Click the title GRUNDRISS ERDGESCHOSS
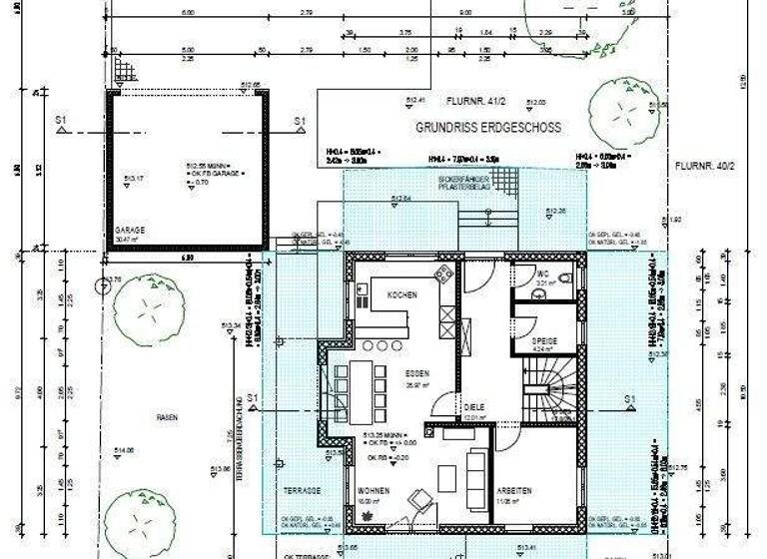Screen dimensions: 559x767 (487, 128)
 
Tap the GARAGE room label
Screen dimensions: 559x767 (130, 230)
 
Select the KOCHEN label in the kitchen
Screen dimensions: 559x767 (401, 295)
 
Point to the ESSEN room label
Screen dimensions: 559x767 (416, 373)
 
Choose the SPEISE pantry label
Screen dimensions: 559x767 (544, 340)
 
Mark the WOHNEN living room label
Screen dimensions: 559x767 (374, 491)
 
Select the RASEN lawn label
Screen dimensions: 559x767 (166, 417)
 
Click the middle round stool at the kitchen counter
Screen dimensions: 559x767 (381, 345)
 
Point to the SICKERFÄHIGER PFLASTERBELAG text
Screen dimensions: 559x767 (466, 184)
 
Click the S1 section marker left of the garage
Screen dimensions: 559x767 (61, 121)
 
